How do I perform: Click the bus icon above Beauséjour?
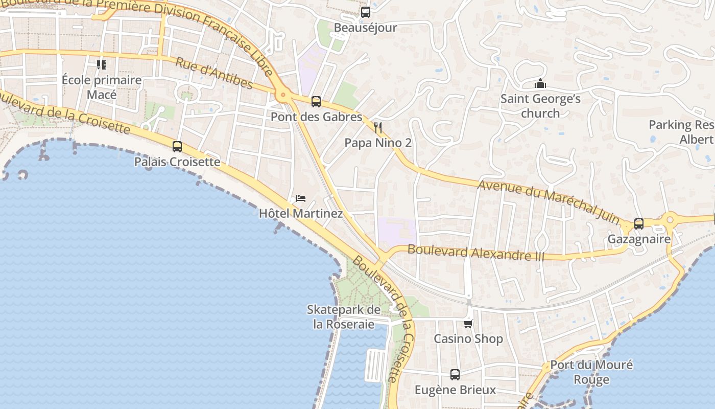[366, 12]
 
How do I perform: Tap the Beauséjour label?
[365, 28]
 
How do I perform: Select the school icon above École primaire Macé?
[102, 65]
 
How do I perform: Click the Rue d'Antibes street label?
[214, 73]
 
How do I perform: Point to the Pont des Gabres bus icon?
[316, 102]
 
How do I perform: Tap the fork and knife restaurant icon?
[378, 127]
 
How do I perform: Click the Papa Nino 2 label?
[378, 143]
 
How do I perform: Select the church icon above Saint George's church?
[540, 83]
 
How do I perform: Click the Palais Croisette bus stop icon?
[177, 147]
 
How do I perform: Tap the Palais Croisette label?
[177, 162]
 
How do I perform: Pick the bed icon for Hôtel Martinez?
[301, 198]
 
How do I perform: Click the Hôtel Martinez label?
[301, 213]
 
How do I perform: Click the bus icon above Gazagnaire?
[639, 223]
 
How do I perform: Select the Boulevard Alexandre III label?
[476, 253]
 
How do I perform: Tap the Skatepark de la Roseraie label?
[344, 316]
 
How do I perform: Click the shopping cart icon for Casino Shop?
[468, 324]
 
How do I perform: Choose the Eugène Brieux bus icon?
[455, 375]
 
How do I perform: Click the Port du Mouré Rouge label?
[591, 372]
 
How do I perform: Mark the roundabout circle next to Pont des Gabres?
[282, 95]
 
